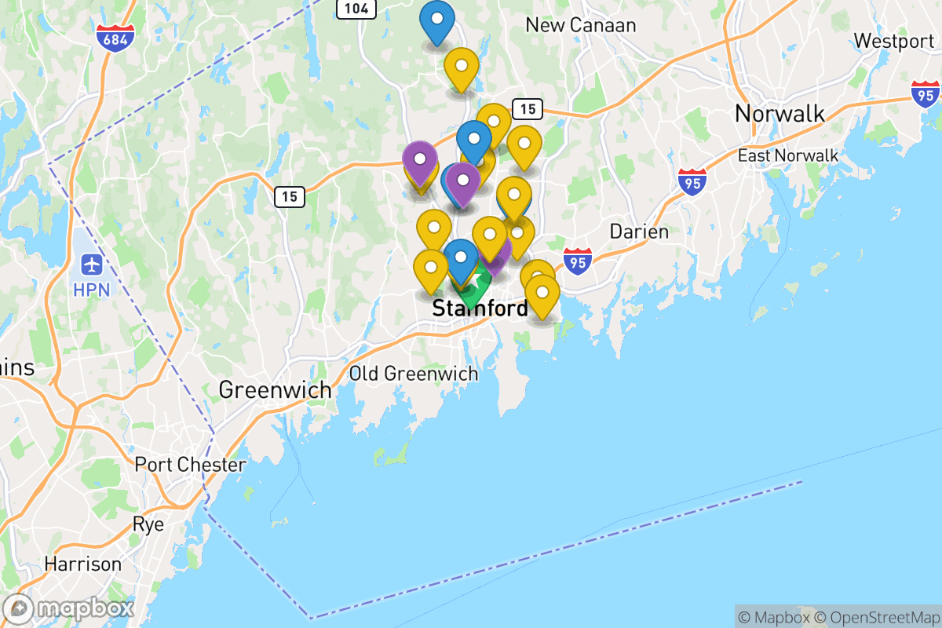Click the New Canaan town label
click(x=580, y=25)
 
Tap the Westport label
click(x=893, y=41)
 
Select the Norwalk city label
click(x=780, y=114)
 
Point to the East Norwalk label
click(x=788, y=155)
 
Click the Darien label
click(x=639, y=232)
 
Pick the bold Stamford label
click(x=480, y=309)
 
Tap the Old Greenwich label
click(x=413, y=374)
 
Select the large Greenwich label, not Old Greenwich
click(x=275, y=389)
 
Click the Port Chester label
click(x=190, y=464)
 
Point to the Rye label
click(x=148, y=524)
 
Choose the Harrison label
click(x=82, y=564)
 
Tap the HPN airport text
click(x=92, y=289)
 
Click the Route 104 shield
click(x=356, y=9)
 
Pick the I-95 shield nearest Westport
click(x=926, y=93)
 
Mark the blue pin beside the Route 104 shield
click(x=436, y=21)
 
